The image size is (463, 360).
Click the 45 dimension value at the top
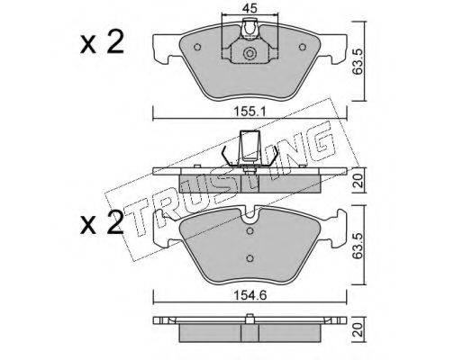tap(250, 9)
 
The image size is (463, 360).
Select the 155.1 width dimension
tap(250, 112)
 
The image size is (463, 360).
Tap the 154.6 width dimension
tap(250, 295)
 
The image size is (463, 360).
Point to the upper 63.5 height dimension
tap(359, 62)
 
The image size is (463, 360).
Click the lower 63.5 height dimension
tap(359, 246)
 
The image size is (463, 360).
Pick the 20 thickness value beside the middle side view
tap(359, 181)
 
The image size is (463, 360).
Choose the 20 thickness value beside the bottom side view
tap(359, 329)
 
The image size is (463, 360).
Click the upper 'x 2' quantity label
tap(102, 42)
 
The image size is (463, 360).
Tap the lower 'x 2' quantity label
tap(102, 222)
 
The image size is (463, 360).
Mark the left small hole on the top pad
tap(197, 47)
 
